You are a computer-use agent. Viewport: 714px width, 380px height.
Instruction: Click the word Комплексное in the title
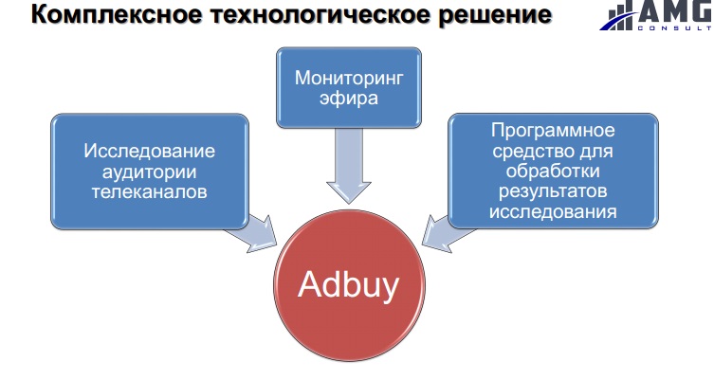click(x=117, y=14)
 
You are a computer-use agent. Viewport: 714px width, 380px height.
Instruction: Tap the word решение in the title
click(x=495, y=15)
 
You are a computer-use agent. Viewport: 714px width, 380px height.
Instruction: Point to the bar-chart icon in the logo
click(x=619, y=15)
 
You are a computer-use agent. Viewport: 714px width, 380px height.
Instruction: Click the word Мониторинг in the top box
click(x=349, y=79)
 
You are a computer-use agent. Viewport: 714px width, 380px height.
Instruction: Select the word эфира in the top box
click(x=349, y=99)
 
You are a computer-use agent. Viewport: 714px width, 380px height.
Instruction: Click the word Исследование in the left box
click(x=150, y=151)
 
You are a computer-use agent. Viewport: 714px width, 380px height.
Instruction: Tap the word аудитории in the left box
click(x=150, y=172)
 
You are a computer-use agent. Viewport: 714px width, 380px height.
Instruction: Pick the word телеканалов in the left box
click(x=150, y=191)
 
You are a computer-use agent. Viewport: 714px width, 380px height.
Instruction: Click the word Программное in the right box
click(x=553, y=131)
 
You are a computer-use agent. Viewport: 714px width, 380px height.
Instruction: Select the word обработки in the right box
click(x=553, y=171)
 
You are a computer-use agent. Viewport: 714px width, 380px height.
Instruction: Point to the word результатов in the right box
click(x=553, y=191)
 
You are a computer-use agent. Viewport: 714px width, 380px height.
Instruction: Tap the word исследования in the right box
click(x=553, y=211)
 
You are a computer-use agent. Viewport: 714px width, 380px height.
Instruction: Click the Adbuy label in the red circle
click(x=349, y=285)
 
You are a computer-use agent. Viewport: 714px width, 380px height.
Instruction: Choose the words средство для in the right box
click(x=553, y=152)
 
